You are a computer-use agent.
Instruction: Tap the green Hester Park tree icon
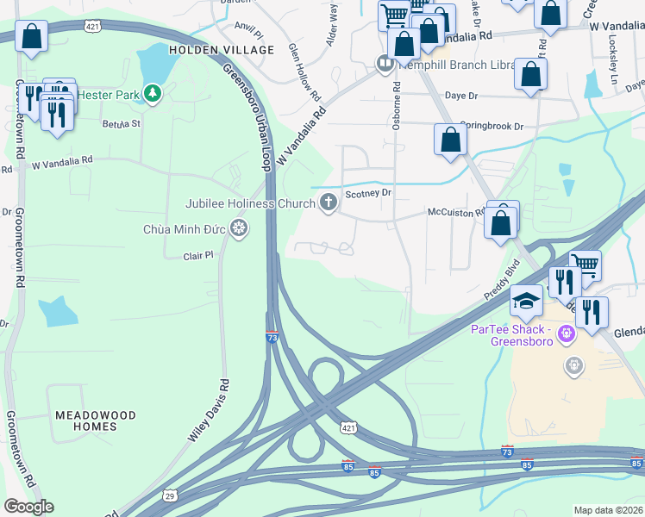click(x=153, y=92)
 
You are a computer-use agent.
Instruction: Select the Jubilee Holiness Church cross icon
click(x=328, y=202)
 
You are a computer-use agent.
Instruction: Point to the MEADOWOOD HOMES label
click(x=96, y=420)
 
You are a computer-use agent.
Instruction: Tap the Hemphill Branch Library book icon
click(x=385, y=63)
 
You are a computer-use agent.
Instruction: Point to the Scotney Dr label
click(x=368, y=194)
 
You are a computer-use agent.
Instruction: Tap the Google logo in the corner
click(x=28, y=506)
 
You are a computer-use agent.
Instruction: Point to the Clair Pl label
click(x=197, y=256)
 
